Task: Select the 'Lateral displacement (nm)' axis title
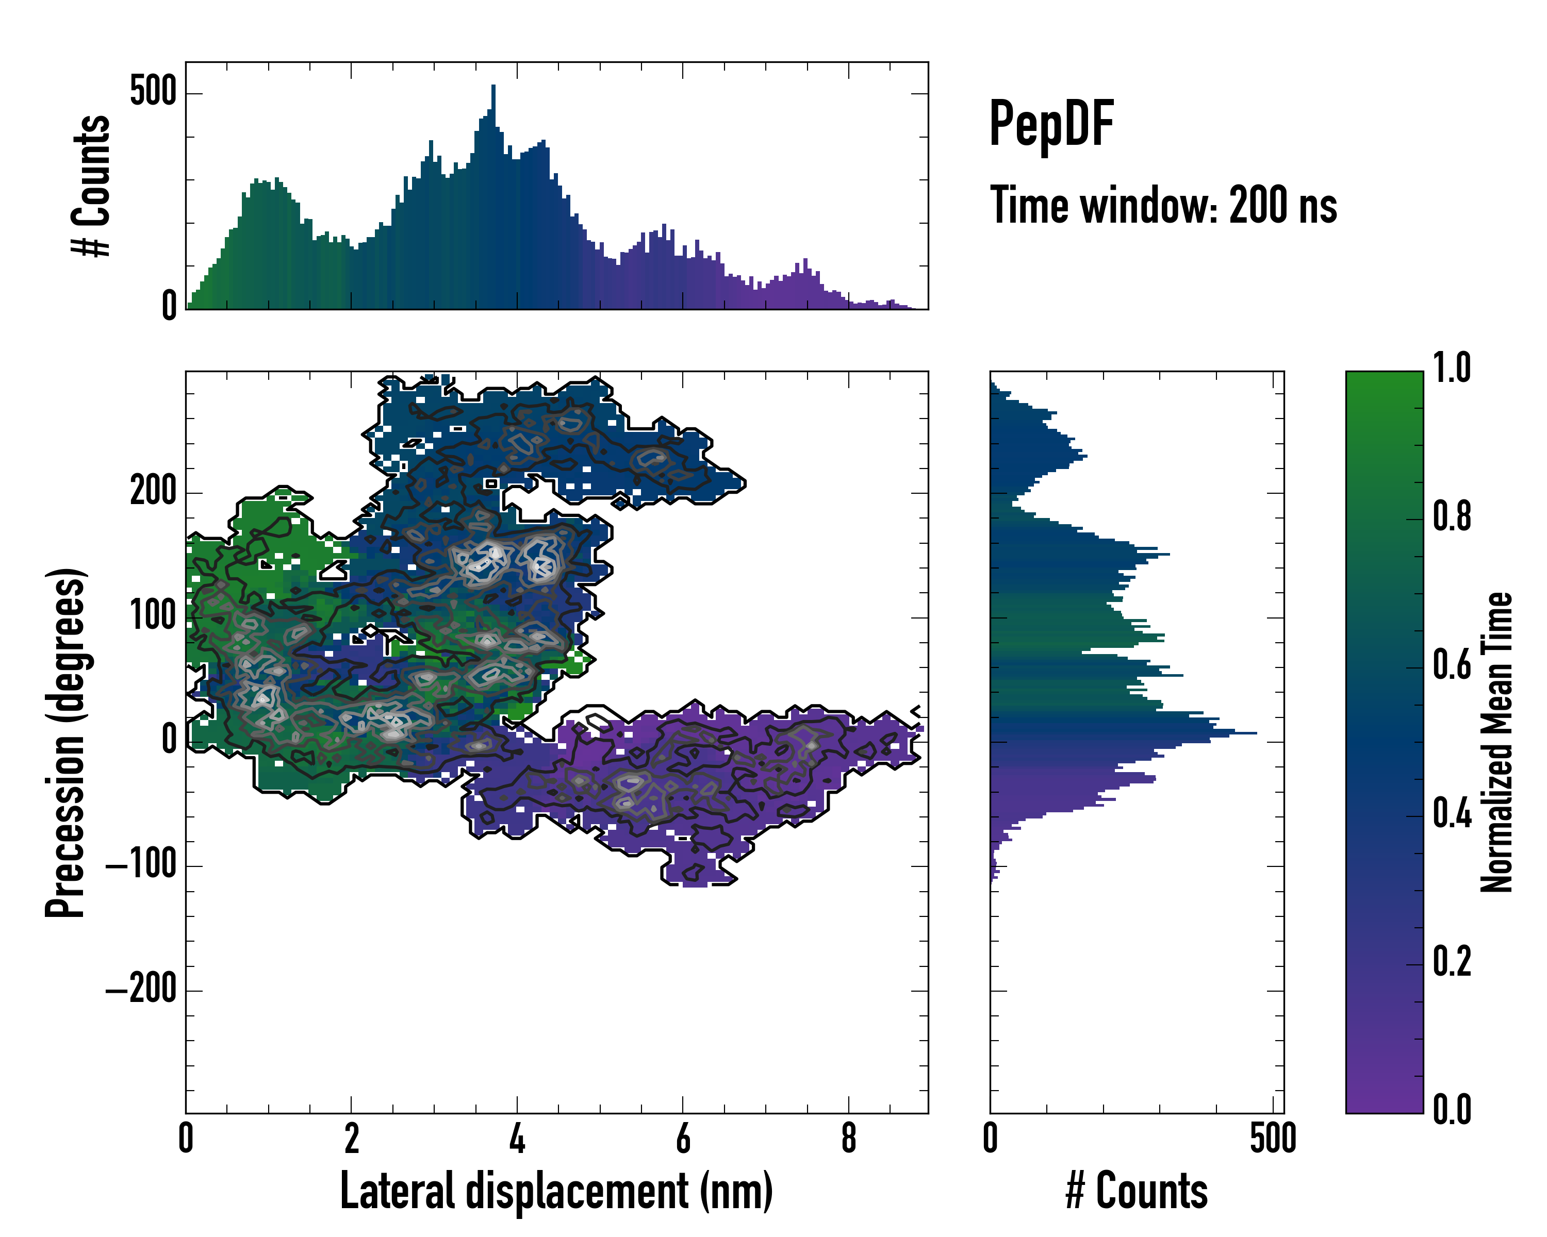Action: point(556,1191)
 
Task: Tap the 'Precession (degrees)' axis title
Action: point(66,742)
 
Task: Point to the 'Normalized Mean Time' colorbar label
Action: point(1497,742)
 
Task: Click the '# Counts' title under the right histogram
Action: point(1137,1191)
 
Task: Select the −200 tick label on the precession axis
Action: point(141,990)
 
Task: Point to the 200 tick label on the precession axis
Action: point(153,493)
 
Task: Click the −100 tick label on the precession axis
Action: point(141,866)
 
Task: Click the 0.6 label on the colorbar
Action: point(1452,665)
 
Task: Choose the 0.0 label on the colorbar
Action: point(1452,1110)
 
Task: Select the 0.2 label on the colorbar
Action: point(1452,962)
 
